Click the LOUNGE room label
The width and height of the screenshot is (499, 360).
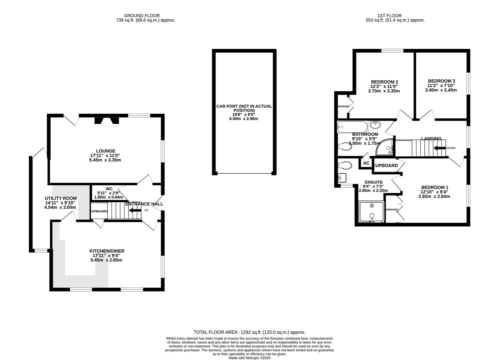point(105,151)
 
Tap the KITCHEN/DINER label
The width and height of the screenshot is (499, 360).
point(107,251)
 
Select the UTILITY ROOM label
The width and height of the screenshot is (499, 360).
point(61,198)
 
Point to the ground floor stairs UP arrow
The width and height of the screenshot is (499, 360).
point(135,210)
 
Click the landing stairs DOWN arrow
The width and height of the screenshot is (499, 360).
point(439,148)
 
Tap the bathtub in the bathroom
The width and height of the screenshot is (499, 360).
point(352,126)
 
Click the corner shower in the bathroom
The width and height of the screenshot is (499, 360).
point(385,148)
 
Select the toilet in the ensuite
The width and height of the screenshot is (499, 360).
point(344,165)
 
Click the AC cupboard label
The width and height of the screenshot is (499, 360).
point(366,163)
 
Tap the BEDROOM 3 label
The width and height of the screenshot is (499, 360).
point(441,81)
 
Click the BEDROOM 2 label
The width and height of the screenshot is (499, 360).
point(384,82)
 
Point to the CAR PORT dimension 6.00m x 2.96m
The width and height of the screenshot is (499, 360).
point(244,118)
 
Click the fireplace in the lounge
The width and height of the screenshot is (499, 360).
point(107,121)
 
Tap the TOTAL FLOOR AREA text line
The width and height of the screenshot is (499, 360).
point(249,332)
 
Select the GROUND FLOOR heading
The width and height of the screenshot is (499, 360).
point(142,16)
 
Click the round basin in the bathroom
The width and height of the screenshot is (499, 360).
point(375,125)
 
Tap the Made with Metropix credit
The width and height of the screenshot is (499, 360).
point(249,358)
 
